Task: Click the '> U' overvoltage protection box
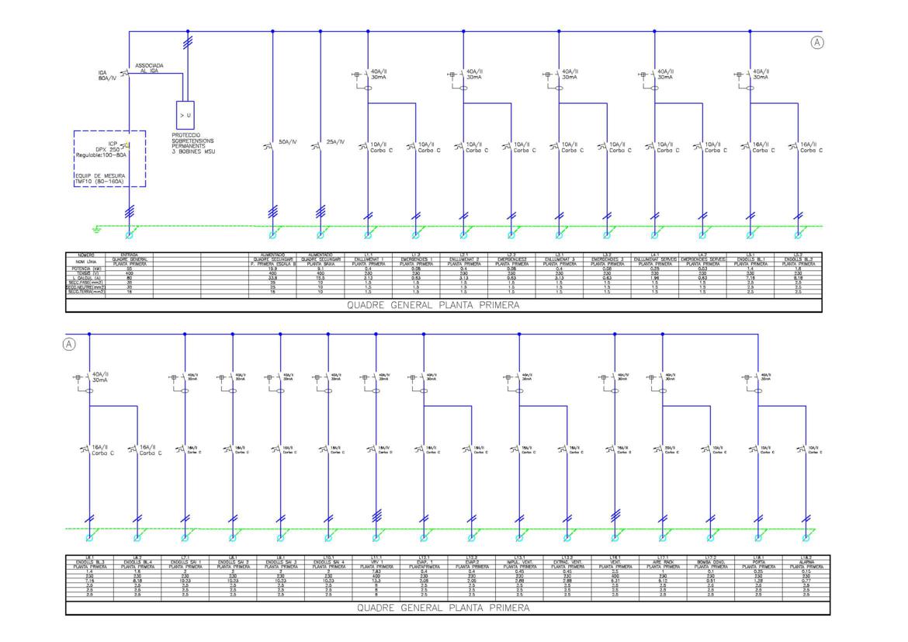pyautogui.click(x=185, y=114)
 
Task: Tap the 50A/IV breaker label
pyautogui.click(x=289, y=143)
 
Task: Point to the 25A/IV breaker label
pyautogui.click(x=336, y=143)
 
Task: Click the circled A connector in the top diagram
pyautogui.click(x=816, y=43)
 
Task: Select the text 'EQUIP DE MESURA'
pyautogui.click(x=99, y=176)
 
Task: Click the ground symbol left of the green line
pyautogui.click(x=96, y=228)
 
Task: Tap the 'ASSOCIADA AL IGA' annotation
pyautogui.click(x=149, y=68)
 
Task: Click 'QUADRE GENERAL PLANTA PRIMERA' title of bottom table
pyautogui.click(x=443, y=608)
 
